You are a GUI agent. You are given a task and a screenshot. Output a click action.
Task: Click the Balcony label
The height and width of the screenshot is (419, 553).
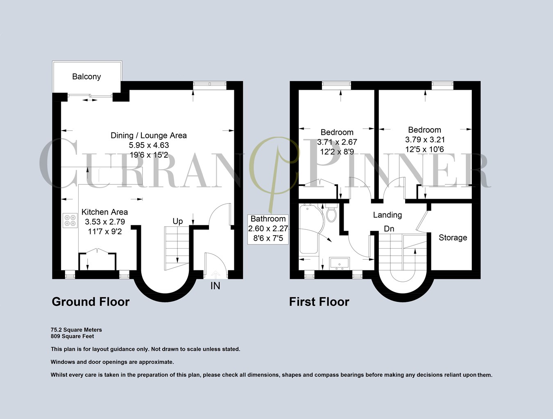click(86, 77)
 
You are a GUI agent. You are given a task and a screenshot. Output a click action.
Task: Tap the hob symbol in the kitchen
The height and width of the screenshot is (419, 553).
click(70, 220)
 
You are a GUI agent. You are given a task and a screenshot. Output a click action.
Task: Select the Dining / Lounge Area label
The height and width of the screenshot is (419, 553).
click(149, 136)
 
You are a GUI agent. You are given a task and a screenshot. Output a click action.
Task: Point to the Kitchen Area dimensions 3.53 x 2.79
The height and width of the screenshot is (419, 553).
click(105, 222)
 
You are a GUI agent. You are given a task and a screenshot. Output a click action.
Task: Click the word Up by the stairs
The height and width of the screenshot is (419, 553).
click(178, 221)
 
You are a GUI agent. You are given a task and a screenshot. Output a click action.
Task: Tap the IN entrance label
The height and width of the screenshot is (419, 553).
click(215, 286)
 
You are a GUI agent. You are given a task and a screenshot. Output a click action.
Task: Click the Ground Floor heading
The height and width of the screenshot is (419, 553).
click(91, 302)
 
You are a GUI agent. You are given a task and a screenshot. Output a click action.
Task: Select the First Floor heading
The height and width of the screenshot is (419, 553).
click(319, 302)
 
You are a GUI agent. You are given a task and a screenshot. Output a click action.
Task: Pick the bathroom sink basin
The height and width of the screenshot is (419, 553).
click(339, 263)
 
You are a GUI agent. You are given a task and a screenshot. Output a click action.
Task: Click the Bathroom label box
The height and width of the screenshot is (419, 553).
click(268, 229)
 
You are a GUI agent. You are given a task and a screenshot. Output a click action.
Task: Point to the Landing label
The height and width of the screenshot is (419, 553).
click(387, 215)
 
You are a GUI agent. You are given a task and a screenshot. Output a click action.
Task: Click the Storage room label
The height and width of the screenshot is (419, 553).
click(453, 238)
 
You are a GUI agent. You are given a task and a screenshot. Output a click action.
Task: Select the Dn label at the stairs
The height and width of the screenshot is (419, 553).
click(389, 229)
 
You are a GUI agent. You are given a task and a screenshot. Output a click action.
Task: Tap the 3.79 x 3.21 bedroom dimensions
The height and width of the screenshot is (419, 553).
click(425, 140)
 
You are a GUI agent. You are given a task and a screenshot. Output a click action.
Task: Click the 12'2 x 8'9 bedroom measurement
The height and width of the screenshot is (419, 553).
click(337, 152)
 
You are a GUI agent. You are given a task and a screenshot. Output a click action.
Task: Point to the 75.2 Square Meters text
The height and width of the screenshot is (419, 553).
click(76, 330)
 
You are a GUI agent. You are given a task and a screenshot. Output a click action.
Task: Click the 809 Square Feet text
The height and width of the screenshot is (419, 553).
click(73, 336)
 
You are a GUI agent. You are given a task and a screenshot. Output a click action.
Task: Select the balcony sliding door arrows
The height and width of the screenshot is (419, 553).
click(88, 100)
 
